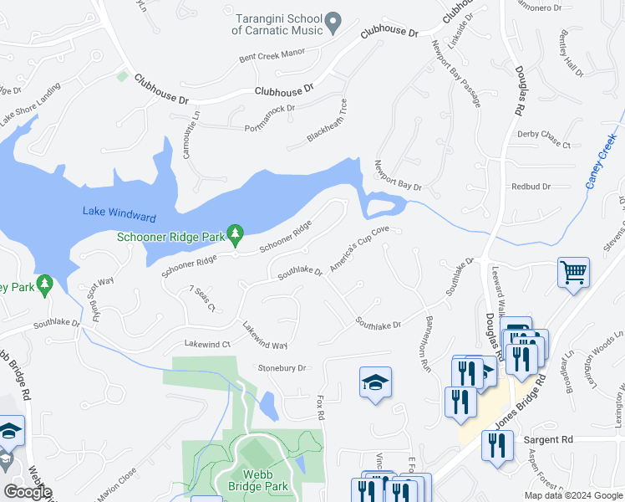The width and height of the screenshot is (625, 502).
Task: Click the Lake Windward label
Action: tap(119, 214)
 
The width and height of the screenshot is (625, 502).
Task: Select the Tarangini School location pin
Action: tap(333, 23)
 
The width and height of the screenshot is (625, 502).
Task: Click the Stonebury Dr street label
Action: tap(282, 367)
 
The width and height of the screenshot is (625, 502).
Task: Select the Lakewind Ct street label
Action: tap(207, 344)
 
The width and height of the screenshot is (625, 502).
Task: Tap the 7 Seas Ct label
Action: tap(202, 299)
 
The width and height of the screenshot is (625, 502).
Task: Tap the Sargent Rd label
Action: tap(546, 438)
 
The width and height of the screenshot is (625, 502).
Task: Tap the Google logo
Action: tap(28, 491)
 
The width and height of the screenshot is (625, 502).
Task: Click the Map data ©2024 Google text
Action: tap(574, 495)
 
